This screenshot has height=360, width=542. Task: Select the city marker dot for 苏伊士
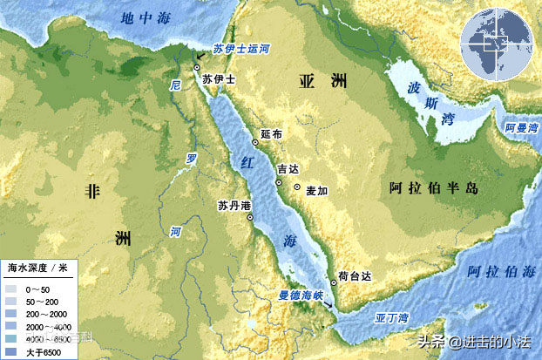198,67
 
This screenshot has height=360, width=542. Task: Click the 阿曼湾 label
521,127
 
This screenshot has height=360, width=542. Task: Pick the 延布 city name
271,135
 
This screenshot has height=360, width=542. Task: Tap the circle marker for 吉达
279,183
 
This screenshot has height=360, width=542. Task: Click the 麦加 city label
315,188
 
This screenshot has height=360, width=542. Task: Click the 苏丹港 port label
234,206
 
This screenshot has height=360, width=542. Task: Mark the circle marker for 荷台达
334,282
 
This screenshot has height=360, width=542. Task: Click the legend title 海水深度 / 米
38,265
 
